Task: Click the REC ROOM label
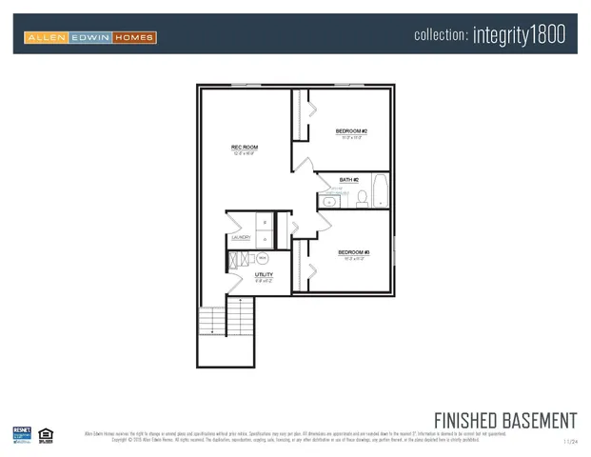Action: point(245,148)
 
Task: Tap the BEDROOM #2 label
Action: point(351,131)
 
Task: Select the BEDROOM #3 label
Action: point(353,252)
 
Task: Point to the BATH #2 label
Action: point(349,180)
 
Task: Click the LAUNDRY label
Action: point(241,238)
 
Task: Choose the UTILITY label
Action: point(264,275)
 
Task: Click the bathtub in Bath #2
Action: point(379,191)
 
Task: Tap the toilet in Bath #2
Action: point(362,198)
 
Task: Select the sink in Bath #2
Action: point(330,200)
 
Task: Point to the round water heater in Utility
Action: point(263,258)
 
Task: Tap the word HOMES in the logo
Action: point(134,38)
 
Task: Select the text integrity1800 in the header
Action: point(519,35)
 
